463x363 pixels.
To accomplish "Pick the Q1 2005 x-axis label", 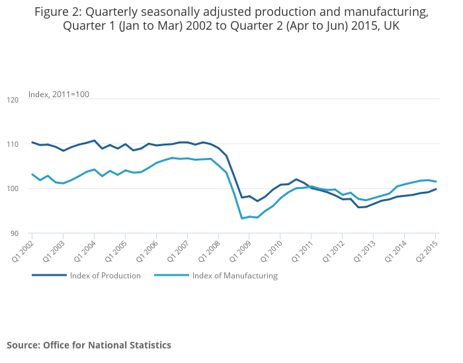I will [116, 247].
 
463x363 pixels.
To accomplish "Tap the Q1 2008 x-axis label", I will [209, 247].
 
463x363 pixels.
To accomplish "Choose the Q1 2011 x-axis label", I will [302, 247].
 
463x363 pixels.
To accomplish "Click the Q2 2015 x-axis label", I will [426, 247].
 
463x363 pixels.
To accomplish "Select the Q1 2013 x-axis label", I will [364, 247].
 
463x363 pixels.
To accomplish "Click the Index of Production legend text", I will [105, 276].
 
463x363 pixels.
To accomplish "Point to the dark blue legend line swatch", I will [49, 276].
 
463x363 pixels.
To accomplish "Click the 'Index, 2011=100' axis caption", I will [59, 95].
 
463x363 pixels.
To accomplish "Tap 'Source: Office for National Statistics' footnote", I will [89, 345].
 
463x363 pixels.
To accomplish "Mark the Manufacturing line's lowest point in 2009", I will [242, 218].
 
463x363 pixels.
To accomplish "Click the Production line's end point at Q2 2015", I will [436, 189].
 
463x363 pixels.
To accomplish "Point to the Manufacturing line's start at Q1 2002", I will [32, 174].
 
